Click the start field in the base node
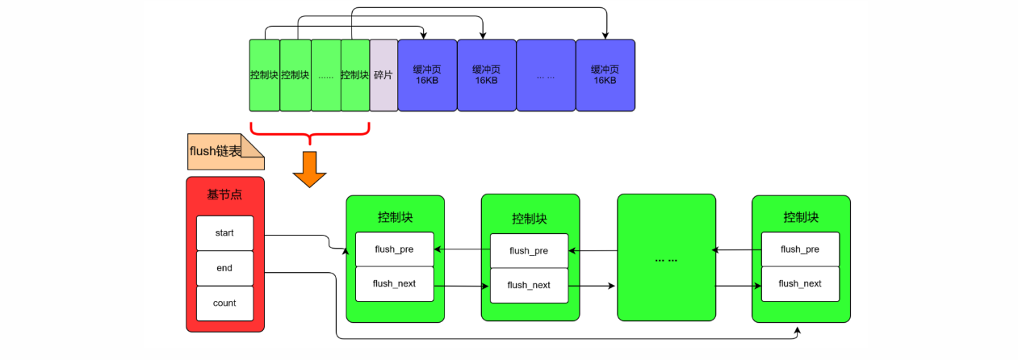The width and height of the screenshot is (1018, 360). coord(224,233)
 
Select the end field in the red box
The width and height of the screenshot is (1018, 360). coord(224,268)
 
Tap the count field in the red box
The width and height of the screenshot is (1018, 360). coord(224,303)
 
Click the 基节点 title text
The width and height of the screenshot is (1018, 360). coord(224,195)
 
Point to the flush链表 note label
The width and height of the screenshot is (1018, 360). coord(216,151)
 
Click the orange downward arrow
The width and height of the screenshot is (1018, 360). coord(309,169)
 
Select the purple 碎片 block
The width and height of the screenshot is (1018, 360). coord(383,75)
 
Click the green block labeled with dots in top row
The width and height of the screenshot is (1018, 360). coord(325,75)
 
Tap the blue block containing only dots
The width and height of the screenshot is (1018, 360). coord(546,75)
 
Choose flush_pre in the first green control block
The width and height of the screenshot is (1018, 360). coord(395,249)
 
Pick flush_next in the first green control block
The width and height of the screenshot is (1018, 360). coord(395,283)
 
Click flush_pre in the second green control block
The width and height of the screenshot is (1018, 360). coord(529,251)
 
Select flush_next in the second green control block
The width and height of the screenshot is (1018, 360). coord(529,285)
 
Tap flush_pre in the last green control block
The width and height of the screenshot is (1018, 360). coord(800,249)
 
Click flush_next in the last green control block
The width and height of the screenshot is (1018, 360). coord(800,283)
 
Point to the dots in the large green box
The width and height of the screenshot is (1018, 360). coord(666,261)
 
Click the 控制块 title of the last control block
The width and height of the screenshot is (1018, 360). coord(801,217)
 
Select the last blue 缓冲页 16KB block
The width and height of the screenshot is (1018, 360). coord(605,75)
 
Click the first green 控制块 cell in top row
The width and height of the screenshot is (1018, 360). coord(265,75)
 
